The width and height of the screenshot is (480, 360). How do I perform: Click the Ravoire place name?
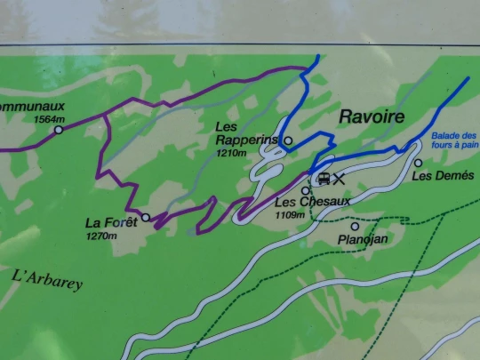[x=371, y=117]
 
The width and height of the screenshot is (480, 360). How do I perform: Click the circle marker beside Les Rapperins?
[x=288, y=140]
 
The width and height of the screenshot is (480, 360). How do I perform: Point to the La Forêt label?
[x=110, y=222]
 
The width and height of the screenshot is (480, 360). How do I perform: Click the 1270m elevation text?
[x=102, y=236]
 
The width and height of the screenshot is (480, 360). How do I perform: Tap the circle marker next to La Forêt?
[x=146, y=217]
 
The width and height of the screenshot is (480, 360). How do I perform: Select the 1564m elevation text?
[x=49, y=118]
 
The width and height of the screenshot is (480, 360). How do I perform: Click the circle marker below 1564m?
[x=59, y=130]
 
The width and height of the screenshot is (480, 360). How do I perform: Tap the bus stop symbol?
[x=323, y=179]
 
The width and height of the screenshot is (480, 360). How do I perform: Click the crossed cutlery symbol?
[x=339, y=179]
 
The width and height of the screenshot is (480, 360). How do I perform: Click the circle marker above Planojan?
[x=355, y=227]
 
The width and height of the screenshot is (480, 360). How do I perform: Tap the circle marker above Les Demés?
[x=418, y=163]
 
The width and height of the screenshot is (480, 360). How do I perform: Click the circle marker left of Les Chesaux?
[x=305, y=190]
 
